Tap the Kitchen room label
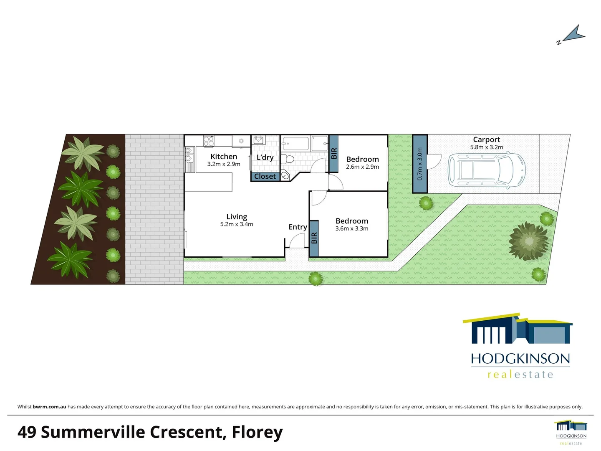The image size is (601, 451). pos(224,157)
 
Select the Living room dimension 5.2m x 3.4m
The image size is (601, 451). pos(237,224)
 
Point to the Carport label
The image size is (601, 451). pos(486,139)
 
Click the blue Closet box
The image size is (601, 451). pos(265,176)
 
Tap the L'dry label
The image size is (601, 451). pos(265,157)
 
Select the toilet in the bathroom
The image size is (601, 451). pos(287,159)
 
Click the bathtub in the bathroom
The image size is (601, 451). pos(295,144)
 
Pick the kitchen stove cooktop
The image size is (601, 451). pos(208,141)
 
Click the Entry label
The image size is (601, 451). pos(298,227)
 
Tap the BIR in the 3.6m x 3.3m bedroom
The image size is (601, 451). pos(314,238)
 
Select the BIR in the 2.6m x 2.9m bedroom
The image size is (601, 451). pos(333,153)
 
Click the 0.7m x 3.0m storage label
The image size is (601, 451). pos(420,164)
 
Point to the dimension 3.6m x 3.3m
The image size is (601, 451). pos(352,228)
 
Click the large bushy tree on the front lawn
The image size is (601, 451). pos(529,241)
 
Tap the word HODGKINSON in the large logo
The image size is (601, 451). pos(520,359)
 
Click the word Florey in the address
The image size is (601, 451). pos(257,432)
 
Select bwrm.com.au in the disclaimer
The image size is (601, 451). pos(49,407)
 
